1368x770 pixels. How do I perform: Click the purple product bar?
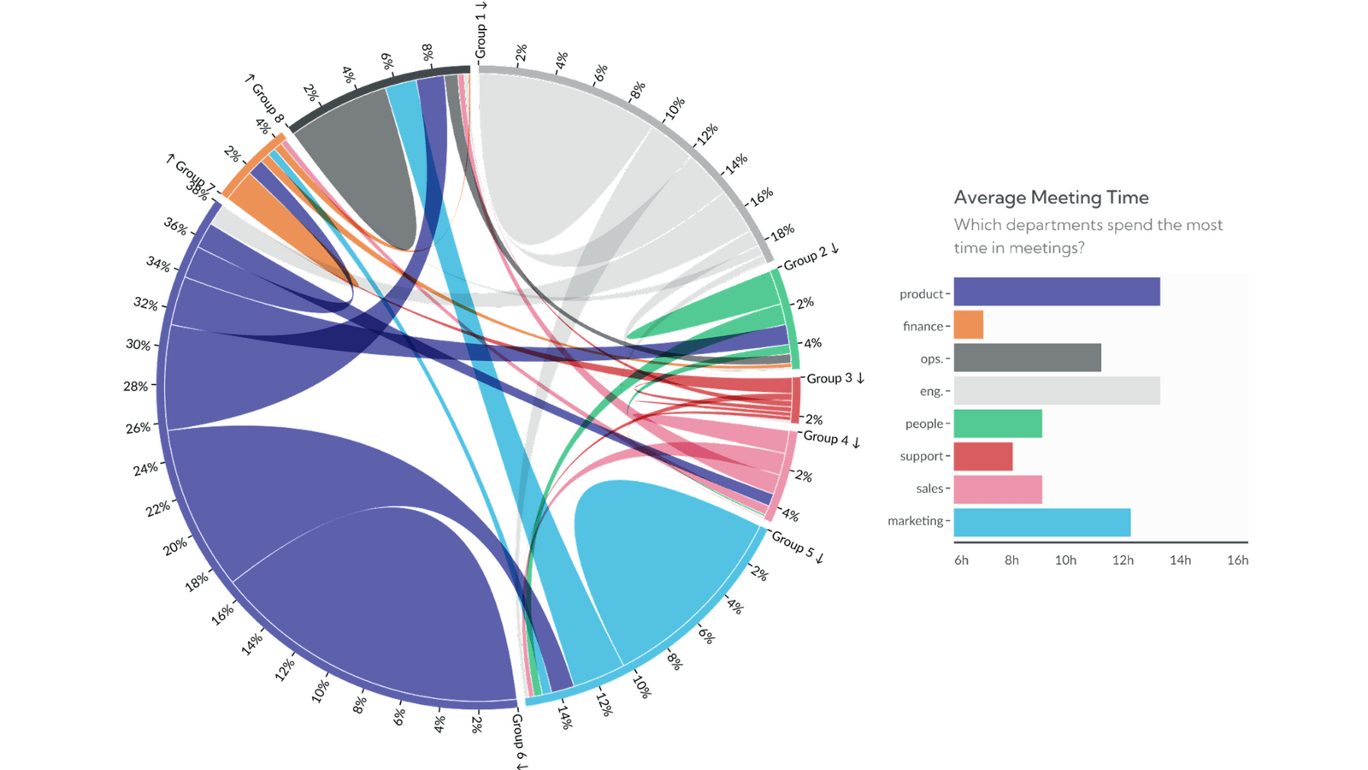pos(1056,292)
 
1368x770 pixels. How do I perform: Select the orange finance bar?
pos(968,325)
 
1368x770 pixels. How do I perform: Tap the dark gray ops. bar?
pos(1027,358)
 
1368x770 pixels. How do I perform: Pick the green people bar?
pos(997,423)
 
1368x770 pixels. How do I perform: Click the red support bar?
pos(982,456)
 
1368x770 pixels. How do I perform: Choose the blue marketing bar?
pos(1041,522)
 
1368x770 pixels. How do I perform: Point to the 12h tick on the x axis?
pos(1123,560)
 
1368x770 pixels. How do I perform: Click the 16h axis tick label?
pos(1237,560)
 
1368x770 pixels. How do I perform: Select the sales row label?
pos(929,489)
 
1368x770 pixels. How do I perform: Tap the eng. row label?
pos(930,391)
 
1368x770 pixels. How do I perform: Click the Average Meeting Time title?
pos(1051,198)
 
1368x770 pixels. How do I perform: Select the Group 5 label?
pos(797,547)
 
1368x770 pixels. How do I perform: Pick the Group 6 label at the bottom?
pos(519,741)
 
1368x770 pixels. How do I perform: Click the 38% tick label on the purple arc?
pos(197,192)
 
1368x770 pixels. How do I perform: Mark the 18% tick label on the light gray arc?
pos(782,232)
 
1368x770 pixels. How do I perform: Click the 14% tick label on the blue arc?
pos(564,716)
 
